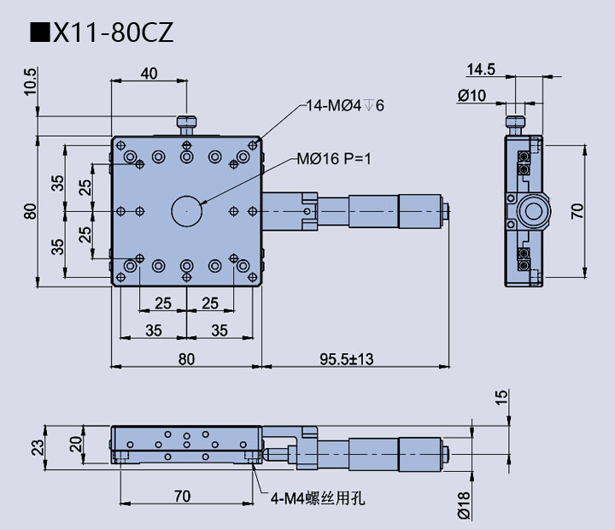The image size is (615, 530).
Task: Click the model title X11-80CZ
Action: click(113, 32)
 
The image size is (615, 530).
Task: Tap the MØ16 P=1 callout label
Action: click(334, 159)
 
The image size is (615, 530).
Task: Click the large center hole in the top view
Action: click(187, 211)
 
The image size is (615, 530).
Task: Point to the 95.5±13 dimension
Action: click(346, 359)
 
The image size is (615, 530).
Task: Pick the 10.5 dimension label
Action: click(31, 82)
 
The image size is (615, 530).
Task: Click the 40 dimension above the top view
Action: click(149, 74)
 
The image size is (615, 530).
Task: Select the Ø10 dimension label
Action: click(471, 96)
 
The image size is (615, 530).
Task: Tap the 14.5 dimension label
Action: click(481, 69)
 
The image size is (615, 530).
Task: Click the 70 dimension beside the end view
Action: click(577, 211)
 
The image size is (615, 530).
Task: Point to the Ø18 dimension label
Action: click(464, 505)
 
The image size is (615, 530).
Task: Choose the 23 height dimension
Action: click(38, 447)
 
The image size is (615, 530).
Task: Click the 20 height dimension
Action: click(77, 444)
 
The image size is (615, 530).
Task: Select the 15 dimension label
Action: click(502, 397)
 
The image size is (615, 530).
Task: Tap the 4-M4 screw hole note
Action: click(318, 498)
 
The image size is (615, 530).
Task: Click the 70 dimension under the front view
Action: click(183, 497)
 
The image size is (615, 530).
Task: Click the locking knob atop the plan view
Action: click(187, 126)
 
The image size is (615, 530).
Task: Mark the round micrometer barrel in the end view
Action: click(533, 212)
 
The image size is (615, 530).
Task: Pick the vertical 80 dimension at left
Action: click(31, 211)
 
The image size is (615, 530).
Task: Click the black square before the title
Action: click(40, 32)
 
